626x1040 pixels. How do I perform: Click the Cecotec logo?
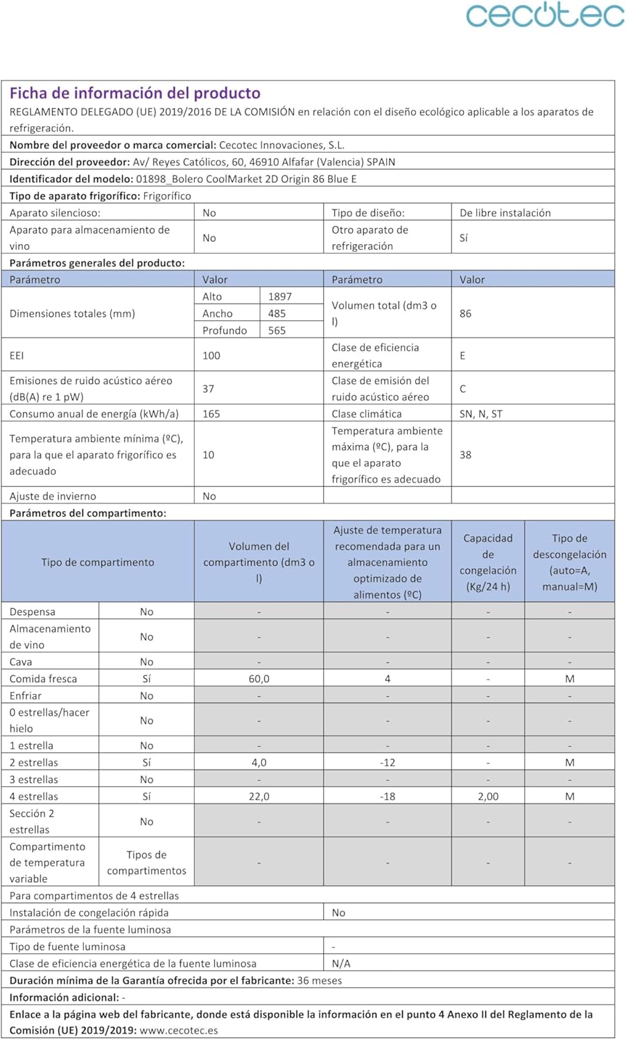(x=545, y=15)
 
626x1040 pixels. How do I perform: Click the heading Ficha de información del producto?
(x=135, y=93)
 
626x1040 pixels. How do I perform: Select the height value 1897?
(x=280, y=297)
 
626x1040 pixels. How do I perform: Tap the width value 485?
(x=277, y=313)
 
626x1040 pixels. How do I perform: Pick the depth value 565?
(x=277, y=331)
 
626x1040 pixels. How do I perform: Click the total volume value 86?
(x=465, y=313)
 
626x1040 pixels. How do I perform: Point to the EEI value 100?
(x=211, y=356)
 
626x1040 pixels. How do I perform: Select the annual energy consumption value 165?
(x=211, y=414)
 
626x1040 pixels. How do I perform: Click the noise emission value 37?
(x=208, y=389)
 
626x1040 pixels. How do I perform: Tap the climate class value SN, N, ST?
(x=481, y=414)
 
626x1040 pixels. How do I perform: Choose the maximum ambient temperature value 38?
(x=465, y=455)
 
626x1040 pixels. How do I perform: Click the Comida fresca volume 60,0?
(x=259, y=679)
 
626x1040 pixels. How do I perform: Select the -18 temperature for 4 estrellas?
(x=388, y=797)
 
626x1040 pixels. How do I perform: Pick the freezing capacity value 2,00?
(x=488, y=797)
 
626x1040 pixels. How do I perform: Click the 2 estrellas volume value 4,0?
(x=259, y=763)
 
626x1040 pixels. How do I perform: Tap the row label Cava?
(x=21, y=662)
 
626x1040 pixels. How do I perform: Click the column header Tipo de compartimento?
(x=98, y=562)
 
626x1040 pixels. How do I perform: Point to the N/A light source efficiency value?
(x=341, y=964)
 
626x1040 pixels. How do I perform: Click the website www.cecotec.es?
(x=179, y=1030)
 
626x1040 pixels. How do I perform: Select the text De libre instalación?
(x=505, y=213)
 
